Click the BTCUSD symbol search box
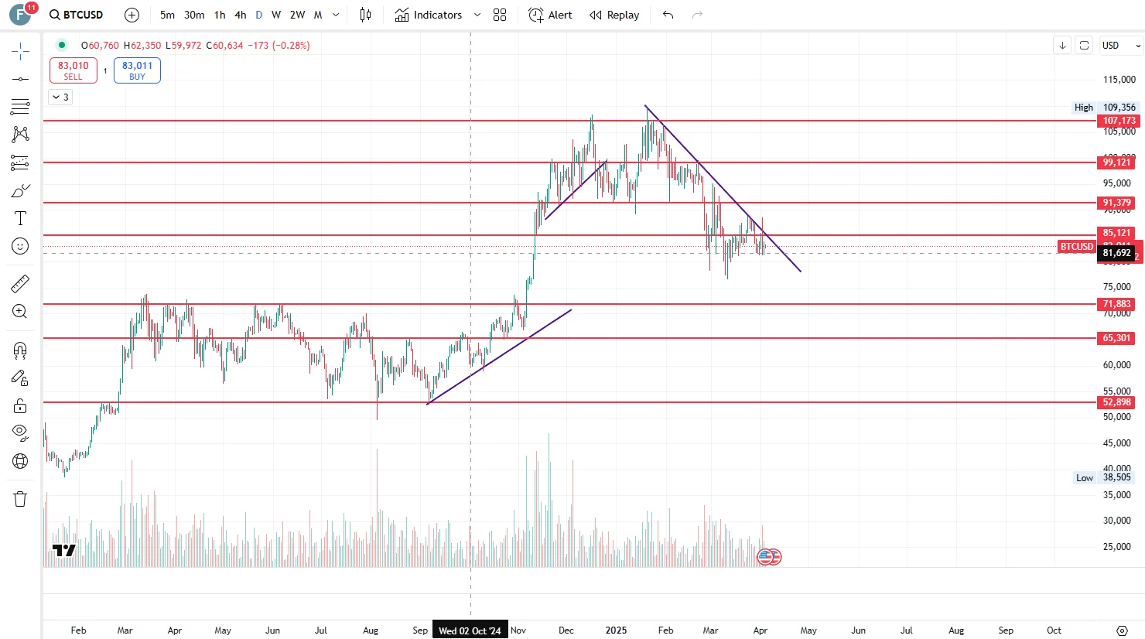point(76,15)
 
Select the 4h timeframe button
point(241,15)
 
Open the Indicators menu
point(429,15)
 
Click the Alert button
point(551,15)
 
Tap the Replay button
point(614,15)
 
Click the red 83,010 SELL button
point(73,70)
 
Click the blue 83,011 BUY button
point(137,70)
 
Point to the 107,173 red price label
point(1119,121)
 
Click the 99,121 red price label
point(1117,162)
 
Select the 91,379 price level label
point(1117,203)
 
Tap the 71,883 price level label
point(1117,304)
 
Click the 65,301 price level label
point(1117,338)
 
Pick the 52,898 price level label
point(1117,402)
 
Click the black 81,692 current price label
point(1117,253)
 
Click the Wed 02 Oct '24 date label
point(470,630)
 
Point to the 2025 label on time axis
point(616,630)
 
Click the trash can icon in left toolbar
point(20,499)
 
